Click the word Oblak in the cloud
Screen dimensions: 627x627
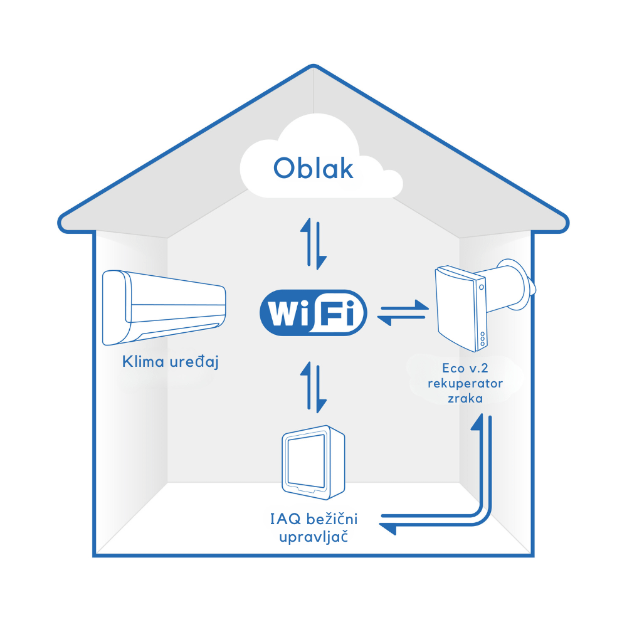click(313, 168)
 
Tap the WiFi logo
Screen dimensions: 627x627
click(313, 312)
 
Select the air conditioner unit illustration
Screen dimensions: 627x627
click(164, 307)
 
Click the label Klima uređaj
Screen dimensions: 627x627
click(170, 362)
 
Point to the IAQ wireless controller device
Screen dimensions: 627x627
click(313, 461)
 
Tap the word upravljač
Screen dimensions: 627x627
click(313, 537)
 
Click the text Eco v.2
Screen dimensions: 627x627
click(465, 368)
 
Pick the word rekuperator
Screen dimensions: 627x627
click(465, 383)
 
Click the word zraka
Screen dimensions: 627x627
click(465, 398)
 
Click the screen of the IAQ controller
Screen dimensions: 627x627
click(307, 463)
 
